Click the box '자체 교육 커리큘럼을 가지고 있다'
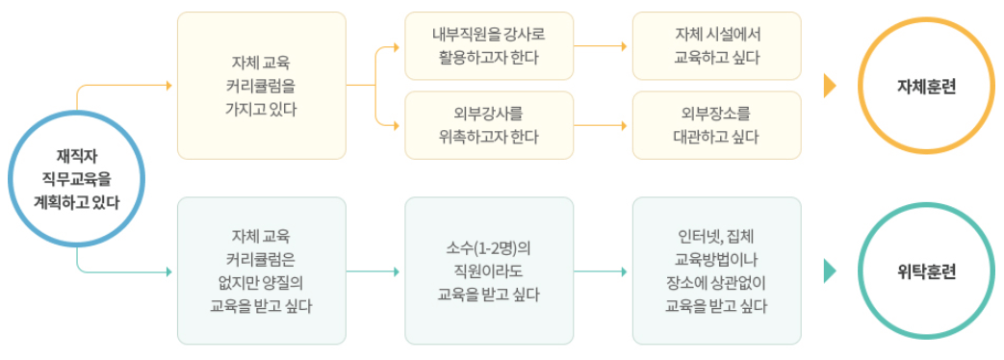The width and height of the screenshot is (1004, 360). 261,86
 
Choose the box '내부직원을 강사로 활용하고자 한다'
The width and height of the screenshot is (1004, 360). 489,46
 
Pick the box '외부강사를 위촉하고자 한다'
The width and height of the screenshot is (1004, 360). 489,125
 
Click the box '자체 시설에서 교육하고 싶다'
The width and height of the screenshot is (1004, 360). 716,46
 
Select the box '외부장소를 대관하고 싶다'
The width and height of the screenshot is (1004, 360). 716,125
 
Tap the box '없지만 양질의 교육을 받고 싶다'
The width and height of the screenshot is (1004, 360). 261,270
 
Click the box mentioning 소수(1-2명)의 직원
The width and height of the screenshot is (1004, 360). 489,270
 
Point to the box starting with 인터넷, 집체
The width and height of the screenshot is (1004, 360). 716,270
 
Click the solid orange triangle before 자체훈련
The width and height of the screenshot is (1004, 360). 830,86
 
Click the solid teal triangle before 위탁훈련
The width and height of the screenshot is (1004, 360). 830,271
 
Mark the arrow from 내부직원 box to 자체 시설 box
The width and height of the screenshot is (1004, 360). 603,46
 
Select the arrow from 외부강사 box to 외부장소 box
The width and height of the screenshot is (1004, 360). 603,125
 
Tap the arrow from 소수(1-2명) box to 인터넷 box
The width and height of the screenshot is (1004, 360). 603,271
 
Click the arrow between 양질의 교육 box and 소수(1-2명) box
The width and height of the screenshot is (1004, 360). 375,271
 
